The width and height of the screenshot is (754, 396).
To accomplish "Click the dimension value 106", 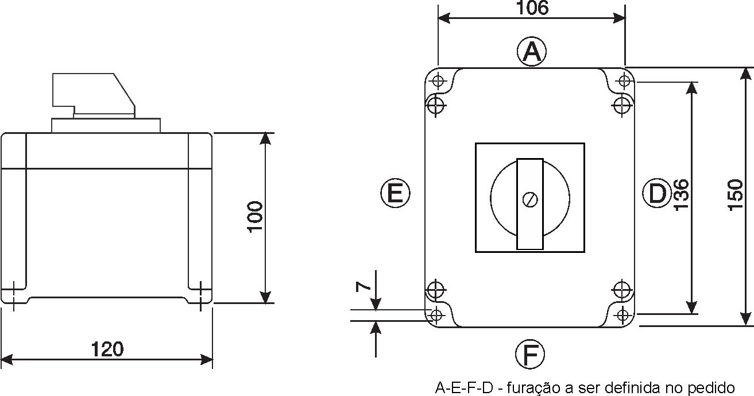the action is [532, 7].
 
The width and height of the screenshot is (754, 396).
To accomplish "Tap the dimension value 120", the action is [107, 349].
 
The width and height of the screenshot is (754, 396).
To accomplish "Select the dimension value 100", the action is [255, 217].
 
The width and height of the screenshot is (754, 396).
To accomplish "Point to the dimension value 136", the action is [682, 195].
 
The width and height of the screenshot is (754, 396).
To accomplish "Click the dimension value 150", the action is [735, 195].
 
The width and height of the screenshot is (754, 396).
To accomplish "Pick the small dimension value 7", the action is [363, 287].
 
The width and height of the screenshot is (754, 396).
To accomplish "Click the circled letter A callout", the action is [532, 52].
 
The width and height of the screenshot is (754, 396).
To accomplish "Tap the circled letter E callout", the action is [395, 193].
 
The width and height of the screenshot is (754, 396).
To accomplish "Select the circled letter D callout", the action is [657, 193].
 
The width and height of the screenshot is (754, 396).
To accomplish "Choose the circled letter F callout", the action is [530, 354].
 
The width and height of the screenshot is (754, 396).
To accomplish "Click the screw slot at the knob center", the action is [530, 199].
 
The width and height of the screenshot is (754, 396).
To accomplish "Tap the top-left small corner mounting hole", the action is [438, 81].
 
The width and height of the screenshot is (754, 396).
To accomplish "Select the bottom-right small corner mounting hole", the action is [622, 316].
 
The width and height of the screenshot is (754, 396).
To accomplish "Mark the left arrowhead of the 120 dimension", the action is [7, 360].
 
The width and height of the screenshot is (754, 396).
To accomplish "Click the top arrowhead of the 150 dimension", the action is [746, 74].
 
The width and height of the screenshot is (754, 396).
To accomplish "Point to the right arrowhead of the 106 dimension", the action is [620, 18].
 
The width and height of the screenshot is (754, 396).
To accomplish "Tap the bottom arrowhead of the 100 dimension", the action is [265, 297].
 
